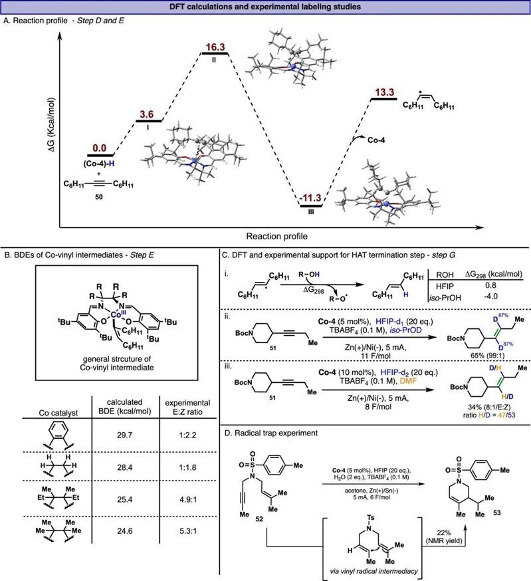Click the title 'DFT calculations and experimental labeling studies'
pos(266,7)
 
